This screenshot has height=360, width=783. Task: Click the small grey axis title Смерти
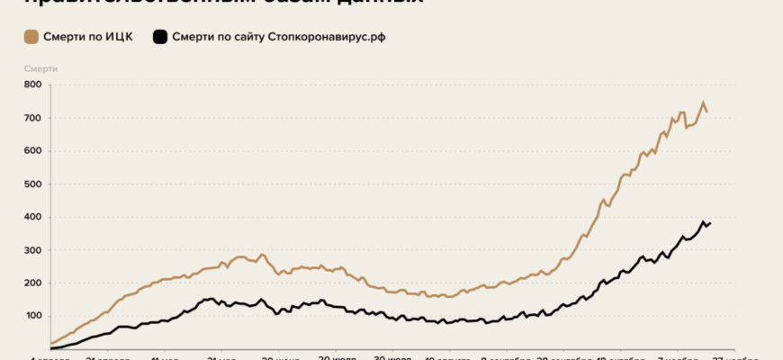(x=40, y=67)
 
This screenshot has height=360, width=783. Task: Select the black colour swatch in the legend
(x=160, y=38)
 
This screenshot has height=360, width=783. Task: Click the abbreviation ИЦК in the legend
(x=119, y=38)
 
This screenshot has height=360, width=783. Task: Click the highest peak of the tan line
(x=703, y=103)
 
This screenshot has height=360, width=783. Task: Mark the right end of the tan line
(x=707, y=112)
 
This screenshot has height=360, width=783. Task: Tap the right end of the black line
(x=710, y=223)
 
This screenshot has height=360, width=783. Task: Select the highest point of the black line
(x=703, y=221)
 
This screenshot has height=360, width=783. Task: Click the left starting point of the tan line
(x=51, y=344)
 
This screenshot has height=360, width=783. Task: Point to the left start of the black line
(x=51, y=348)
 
